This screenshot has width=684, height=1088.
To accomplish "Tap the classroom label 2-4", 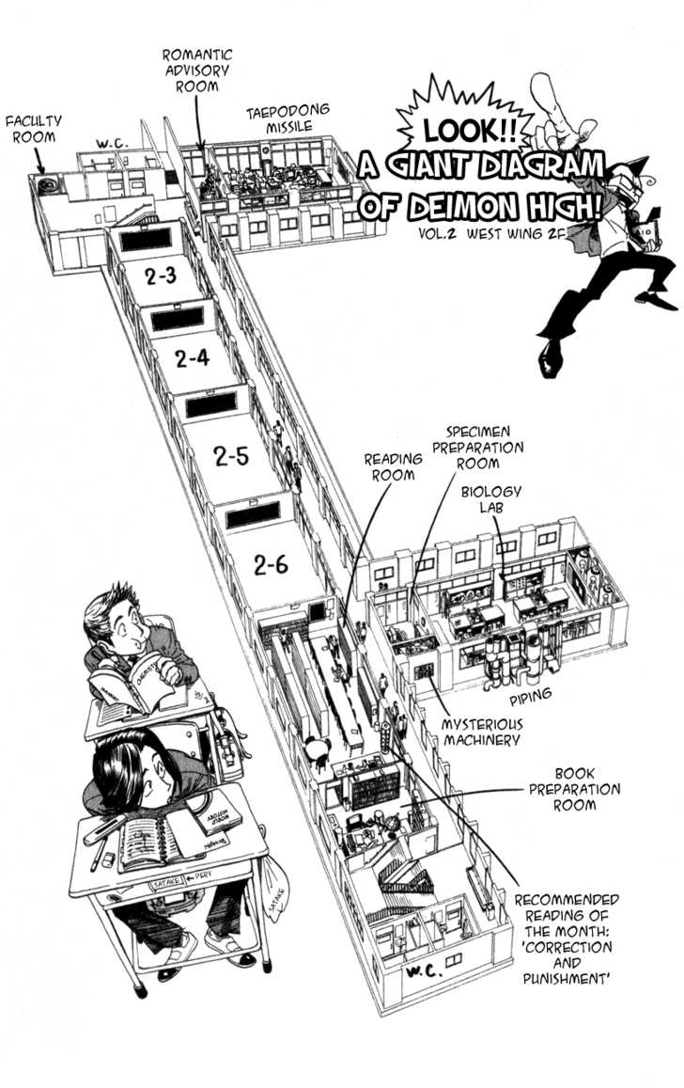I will [193, 358].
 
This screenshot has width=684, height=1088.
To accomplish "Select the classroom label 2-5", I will [230, 458].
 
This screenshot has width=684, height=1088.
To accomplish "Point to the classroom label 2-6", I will [269, 564].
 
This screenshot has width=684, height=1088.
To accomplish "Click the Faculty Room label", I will [34, 129].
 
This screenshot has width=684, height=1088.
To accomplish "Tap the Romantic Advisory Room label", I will [197, 71].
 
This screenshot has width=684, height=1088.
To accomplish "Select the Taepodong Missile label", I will [288, 118].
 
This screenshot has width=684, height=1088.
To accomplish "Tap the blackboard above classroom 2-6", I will [253, 514].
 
